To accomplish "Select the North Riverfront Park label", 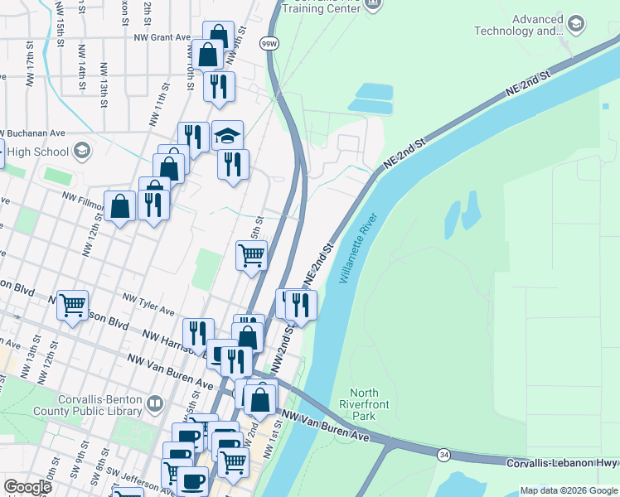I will tap(364, 404).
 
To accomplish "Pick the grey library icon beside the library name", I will tap(155, 404).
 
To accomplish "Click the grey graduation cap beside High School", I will tap(81, 151).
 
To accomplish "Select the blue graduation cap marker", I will tap(228, 136).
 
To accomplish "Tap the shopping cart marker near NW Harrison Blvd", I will tap(73, 306).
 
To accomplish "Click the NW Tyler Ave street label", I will tap(148, 303).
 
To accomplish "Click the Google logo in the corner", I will tap(27, 487).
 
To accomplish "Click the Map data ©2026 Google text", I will tap(568, 490).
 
